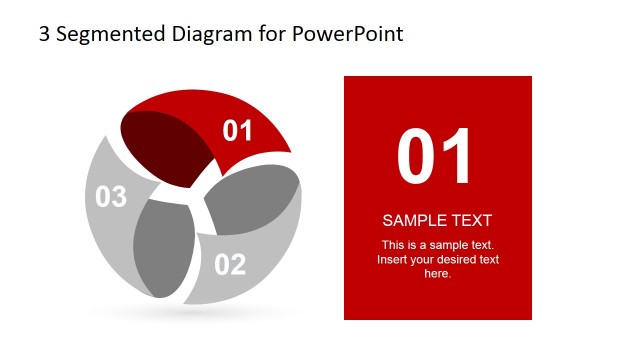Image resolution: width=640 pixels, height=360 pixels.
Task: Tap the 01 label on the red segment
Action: tap(237, 130)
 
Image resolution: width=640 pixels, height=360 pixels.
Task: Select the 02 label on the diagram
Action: tap(229, 265)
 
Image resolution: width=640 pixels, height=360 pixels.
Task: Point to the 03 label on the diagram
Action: tap(111, 197)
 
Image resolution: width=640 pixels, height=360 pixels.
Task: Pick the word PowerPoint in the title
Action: tap(348, 34)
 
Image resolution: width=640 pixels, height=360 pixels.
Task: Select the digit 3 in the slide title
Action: tap(44, 34)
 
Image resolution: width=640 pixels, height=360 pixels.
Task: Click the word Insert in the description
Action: tap(393, 260)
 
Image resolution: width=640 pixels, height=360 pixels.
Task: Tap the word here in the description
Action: tap(438, 273)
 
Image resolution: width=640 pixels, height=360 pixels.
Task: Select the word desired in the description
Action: tap(458, 260)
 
